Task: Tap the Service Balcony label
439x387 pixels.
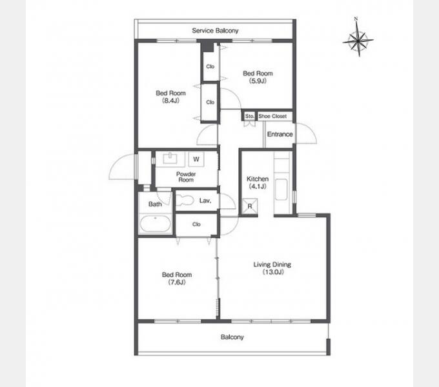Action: click(x=215, y=30)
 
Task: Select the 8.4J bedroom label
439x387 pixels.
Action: click(x=170, y=97)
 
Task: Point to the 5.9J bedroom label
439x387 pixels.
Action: click(x=258, y=77)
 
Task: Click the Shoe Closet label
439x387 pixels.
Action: click(x=272, y=116)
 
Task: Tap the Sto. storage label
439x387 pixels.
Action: click(x=249, y=115)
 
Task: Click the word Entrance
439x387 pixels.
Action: click(x=280, y=134)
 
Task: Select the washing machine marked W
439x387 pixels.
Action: click(x=196, y=159)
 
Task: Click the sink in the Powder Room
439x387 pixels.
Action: click(x=170, y=159)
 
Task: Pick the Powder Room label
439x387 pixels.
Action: click(x=186, y=177)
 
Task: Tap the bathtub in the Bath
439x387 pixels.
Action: click(x=156, y=223)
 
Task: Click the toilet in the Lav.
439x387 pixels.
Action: click(x=185, y=200)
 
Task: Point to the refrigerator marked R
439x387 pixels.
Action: click(x=250, y=206)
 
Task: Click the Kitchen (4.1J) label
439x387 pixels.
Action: click(x=258, y=183)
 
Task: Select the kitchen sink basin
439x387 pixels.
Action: click(x=281, y=189)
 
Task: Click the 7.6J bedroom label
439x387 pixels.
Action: click(x=177, y=278)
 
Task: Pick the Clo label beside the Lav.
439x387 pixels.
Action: click(x=196, y=224)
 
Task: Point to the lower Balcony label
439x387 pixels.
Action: click(x=232, y=337)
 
